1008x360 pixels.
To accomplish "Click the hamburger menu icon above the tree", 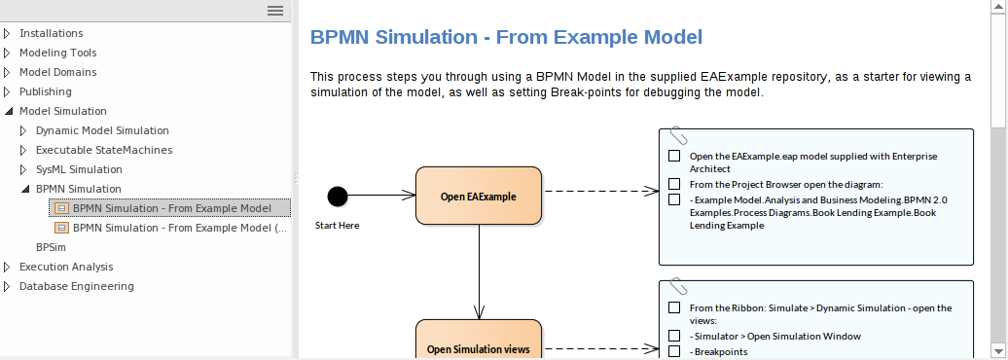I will click(275, 10).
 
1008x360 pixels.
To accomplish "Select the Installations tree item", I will click(51, 33).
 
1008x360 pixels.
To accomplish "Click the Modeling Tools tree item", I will click(57, 53).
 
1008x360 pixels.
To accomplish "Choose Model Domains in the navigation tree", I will click(57, 72).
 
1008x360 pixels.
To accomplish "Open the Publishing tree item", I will click(45, 91).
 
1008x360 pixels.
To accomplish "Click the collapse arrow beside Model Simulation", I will click(8, 111).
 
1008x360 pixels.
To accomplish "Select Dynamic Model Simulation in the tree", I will click(102, 130).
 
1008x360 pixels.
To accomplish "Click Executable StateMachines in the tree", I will click(104, 150).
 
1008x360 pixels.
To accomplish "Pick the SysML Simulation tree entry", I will click(79, 169).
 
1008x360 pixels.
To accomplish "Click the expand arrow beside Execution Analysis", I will click(8, 267).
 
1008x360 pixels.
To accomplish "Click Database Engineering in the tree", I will click(77, 286).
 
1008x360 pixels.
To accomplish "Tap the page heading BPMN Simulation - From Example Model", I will click(506, 38).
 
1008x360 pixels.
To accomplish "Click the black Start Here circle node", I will click(338, 197).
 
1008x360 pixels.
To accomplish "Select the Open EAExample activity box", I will click(478, 197).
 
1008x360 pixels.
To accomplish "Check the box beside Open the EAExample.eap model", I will click(674, 156).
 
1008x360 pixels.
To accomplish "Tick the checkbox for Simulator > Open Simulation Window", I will click(674, 337).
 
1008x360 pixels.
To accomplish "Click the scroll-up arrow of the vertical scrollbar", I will click(998, 8).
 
